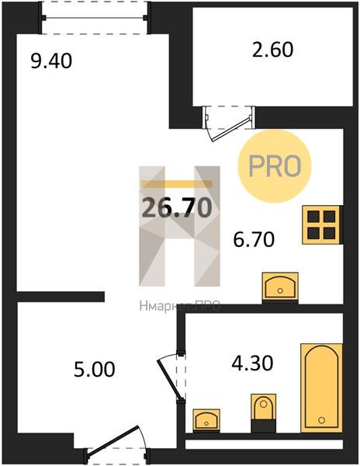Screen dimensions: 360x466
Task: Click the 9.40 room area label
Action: (x=51, y=61)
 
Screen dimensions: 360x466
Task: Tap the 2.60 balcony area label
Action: (x=273, y=50)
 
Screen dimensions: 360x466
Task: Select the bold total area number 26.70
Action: (x=177, y=207)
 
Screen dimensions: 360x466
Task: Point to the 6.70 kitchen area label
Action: (x=254, y=240)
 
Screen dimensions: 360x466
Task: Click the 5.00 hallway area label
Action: (x=95, y=370)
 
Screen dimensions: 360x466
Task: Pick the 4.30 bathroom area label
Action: (x=252, y=363)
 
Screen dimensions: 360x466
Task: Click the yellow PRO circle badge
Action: (x=275, y=166)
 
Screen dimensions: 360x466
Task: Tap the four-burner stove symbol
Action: (x=321, y=225)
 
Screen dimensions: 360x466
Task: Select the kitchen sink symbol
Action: (x=280, y=286)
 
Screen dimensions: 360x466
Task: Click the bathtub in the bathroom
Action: (x=321, y=388)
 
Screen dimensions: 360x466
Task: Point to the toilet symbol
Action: (x=263, y=413)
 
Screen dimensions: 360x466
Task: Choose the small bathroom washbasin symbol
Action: (x=206, y=420)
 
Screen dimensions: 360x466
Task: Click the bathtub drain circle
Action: (x=321, y=420)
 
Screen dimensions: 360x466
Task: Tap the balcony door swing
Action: (x=229, y=125)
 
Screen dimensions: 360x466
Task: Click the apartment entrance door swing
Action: (x=116, y=444)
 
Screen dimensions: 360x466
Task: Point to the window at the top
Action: (x=95, y=18)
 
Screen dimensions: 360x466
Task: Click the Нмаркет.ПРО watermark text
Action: (x=179, y=305)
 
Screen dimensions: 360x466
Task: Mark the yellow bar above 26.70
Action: (x=177, y=184)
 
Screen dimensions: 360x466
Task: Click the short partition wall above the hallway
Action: (x=61, y=297)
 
